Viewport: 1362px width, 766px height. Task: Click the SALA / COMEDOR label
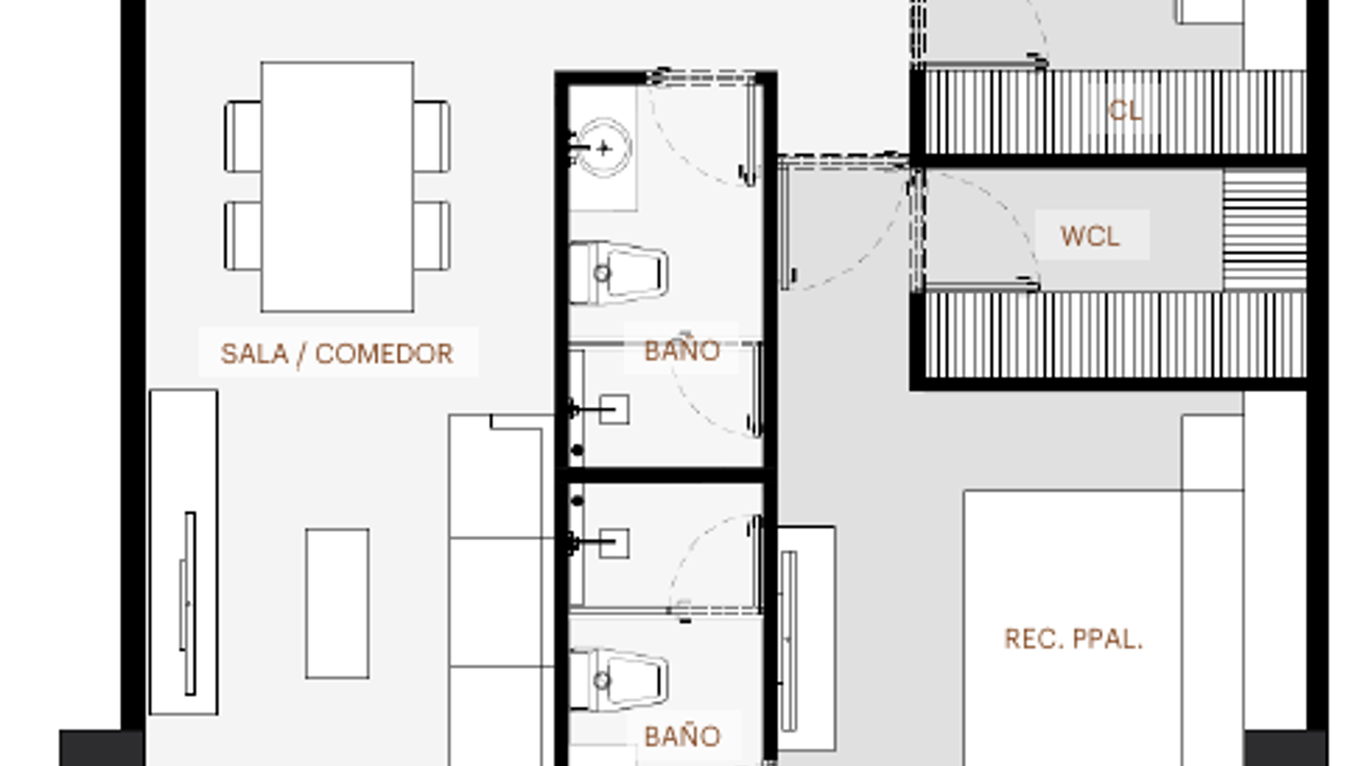tap(337, 353)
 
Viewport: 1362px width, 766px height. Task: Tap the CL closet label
tap(1125, 111)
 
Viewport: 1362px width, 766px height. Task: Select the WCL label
tap(1090, 236)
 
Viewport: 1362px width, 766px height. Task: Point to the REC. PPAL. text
tap(1073, 639)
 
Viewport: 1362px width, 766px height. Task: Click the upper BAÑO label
tap(682, 350)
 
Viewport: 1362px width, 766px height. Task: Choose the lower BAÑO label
tap(682, 736)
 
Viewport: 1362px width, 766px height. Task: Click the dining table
tap(338, 187)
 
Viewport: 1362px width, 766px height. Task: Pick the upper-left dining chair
tap(243, 137)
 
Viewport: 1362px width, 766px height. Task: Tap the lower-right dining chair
tap(432, 236)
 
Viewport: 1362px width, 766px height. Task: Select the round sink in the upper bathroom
tap(604, 148)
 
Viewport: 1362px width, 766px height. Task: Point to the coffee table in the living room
tap(337, 604)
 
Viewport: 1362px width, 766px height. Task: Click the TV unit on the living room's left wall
tap(184, 552)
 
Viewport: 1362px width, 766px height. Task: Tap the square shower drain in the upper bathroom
tap(614, 409)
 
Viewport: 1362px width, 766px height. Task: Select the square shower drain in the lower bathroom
tap(614, 543)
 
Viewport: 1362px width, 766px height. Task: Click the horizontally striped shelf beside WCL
tap(1265, 230)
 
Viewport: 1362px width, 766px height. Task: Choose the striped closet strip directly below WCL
tap(1116, 335)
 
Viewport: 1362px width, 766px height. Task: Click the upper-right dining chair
tap(432, 137)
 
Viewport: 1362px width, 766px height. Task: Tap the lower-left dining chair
tap(243, 236)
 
